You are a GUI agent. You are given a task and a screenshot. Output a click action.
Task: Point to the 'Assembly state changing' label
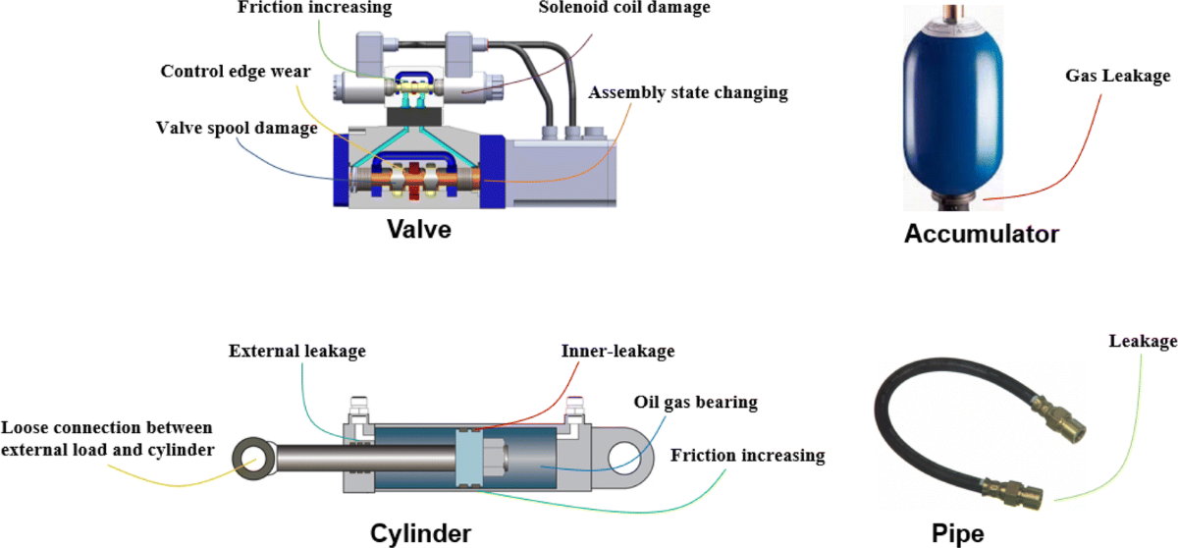pyautogui.click(x=687, y=93)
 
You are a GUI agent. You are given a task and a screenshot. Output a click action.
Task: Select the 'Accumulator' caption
pyautogui.click(x=981, y=235)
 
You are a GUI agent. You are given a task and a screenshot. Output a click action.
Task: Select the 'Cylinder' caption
pyautogui.click(x=420, y=533)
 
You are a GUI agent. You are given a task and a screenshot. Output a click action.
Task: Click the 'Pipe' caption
pyautogui.click(x=957, y=533)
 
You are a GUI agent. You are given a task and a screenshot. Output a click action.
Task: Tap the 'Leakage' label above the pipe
pyautogui.click(x=1142, y=341)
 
